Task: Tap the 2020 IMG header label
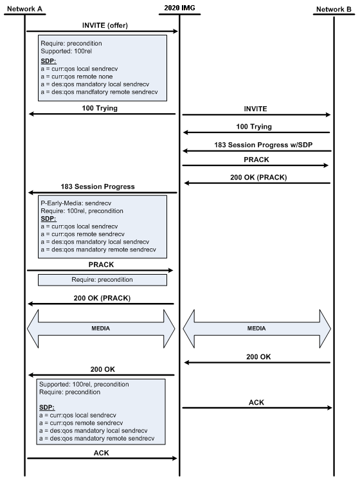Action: (179, 7)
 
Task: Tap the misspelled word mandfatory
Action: (102, 92)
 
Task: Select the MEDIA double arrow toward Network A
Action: (101, 328)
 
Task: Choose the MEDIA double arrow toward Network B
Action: (257, 328)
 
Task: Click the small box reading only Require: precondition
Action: (102, 280)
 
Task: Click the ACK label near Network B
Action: (256, 402)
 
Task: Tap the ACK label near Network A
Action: (101, 452)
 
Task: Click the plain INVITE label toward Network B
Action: (255, 109)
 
